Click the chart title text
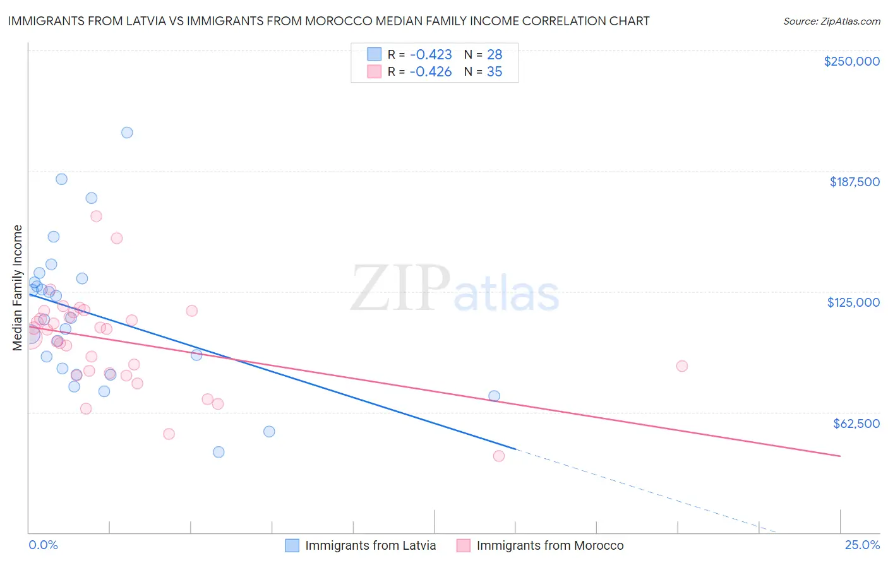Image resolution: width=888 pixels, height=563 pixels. click(x=328, y=21)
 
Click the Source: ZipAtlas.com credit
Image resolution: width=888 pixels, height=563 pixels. click(x=831, y=21)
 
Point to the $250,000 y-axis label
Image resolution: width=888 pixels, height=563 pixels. click(x=851, y=61)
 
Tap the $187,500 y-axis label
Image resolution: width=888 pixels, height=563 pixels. click(x=854, y=182)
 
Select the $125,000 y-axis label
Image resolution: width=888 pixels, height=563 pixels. click(x=853, y=302)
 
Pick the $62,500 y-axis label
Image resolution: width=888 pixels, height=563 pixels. click(x=856, y=424)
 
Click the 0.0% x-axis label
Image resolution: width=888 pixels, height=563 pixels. click(x=43, y=545)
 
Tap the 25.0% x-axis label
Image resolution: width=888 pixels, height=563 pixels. click(x=862, y=545)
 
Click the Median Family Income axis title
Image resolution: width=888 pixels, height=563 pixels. click(x=18, y=288)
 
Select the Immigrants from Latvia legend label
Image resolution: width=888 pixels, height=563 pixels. click(x=370, y=546)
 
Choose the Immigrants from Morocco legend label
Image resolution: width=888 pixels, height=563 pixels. click(x=549, y=546)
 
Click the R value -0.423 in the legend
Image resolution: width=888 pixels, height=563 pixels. click(x=431, y=55)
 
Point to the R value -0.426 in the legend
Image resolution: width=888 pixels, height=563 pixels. click(x=431, y=72)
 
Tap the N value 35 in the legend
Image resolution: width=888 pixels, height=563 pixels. click(x=495, y=72)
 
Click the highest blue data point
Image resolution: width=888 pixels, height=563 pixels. click(x=127, y=133)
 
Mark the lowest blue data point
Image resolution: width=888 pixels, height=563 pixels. click(x=219, y=452)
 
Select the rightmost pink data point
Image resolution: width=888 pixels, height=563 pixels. click(x=681, y=366)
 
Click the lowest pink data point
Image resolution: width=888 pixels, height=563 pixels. click(x=499, y=456)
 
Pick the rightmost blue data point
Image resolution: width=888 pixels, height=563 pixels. click(x=494, y=396)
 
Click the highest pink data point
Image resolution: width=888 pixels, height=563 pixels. click(x=97, y=216)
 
